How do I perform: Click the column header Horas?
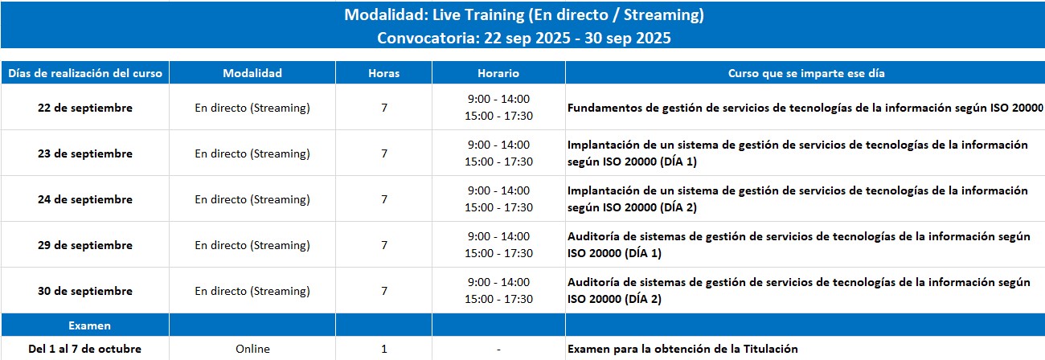pos(383,73)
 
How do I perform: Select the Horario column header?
pos(498,73)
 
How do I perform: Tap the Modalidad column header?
pos(252,73)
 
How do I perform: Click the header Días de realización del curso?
pos(85,73)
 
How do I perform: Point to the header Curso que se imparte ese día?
pos(806,73)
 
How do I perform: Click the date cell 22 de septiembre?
pos(85,108)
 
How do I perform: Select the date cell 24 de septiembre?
pos(85,199)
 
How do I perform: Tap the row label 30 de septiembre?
pos(85,291)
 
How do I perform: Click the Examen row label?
pos(89,325)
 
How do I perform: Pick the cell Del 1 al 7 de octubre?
pos(85,349)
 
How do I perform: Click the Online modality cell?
pos(252,349)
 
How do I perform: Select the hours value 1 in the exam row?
pos(384,349)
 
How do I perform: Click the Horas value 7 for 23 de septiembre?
pos(384,153)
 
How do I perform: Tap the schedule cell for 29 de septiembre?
pos(498,245)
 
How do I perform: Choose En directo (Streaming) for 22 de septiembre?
pos(252,108)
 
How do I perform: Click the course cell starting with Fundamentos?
pos(805,108)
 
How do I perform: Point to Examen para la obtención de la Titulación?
pos(682,349)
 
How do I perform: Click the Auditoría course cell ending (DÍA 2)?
pos(799,291)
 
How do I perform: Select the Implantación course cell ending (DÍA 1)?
pos(797,153)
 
